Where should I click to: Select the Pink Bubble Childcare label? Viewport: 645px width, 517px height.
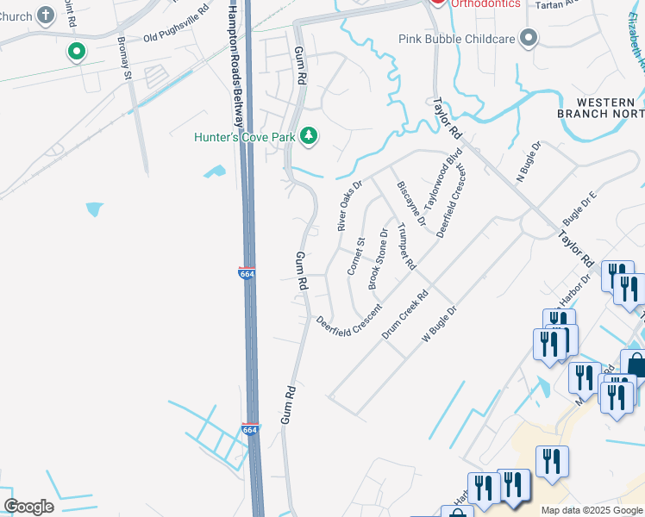(457, 39)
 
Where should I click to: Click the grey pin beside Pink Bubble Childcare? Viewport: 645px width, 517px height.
(529, 38)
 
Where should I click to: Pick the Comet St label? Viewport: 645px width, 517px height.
(356, 257)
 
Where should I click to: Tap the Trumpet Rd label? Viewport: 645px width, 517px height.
(406, 246)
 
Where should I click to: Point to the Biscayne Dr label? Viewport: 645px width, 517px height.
(410, 203)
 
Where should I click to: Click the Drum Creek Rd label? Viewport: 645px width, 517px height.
(404, 312)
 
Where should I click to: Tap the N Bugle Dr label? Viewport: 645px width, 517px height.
(526, 163)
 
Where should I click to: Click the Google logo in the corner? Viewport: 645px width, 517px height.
(28, 507)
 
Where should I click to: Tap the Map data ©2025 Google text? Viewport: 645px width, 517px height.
(592, 510)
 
